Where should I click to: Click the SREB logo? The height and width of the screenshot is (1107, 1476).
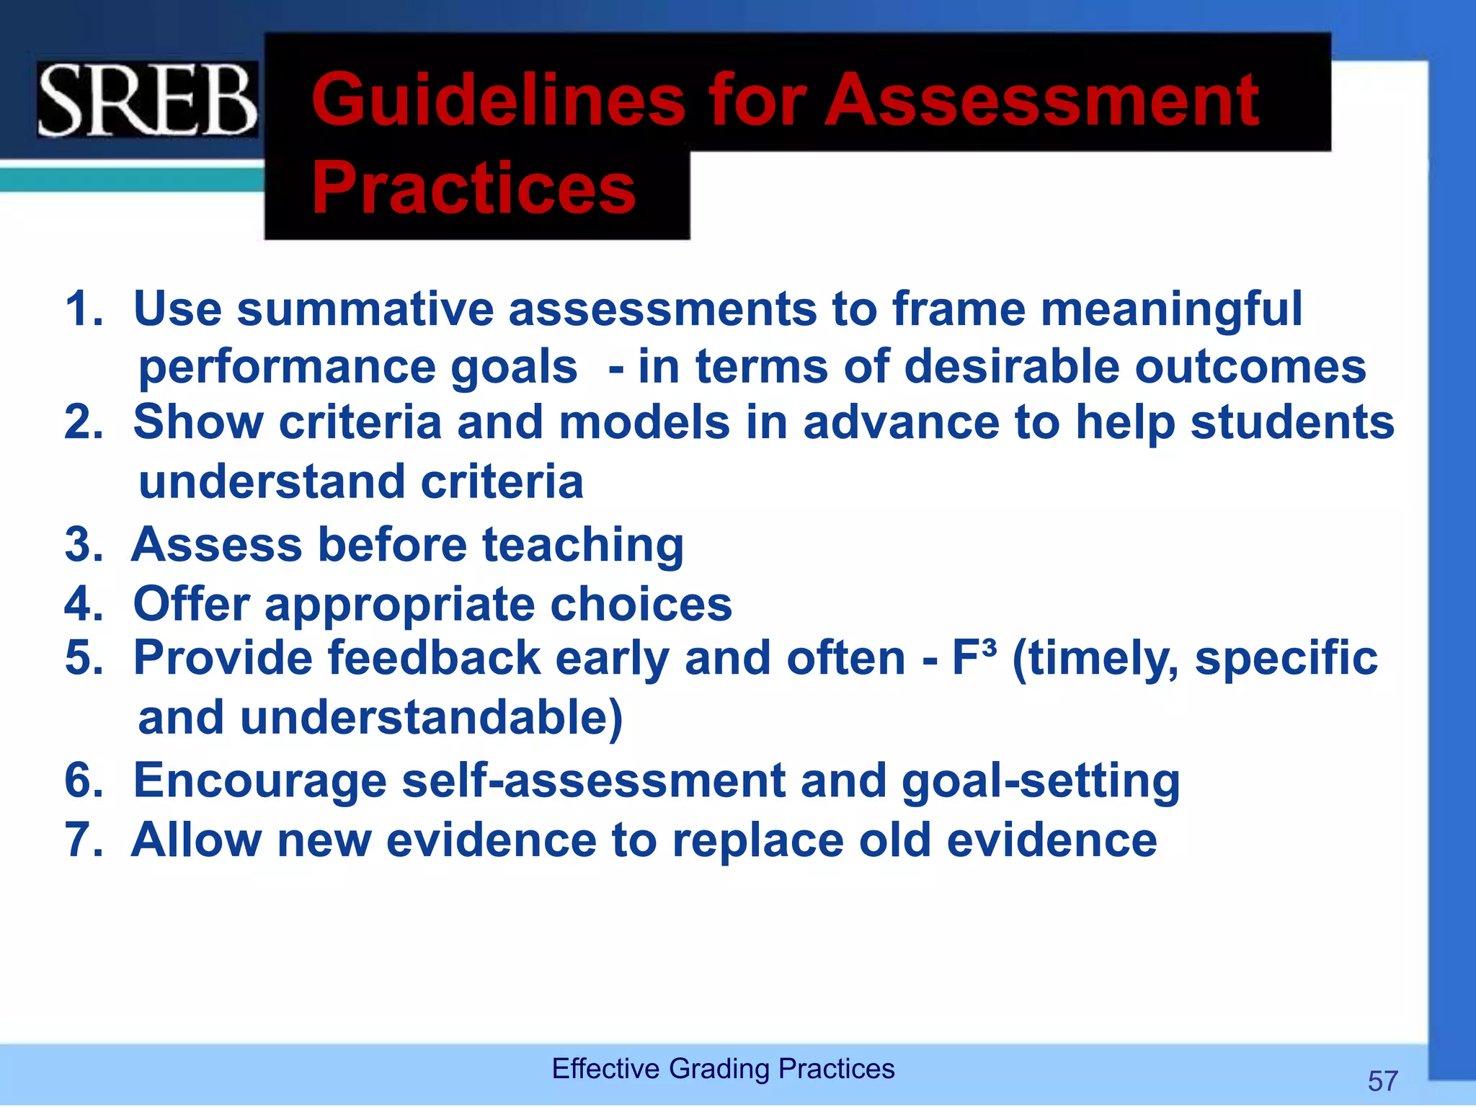pos(147,101)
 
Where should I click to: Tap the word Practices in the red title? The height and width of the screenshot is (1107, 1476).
pos(474,189)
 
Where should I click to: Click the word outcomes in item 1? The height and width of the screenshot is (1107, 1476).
pos(1250,368)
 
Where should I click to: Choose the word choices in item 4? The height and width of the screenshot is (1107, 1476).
pos(641,604)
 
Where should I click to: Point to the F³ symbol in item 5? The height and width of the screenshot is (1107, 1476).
pos(974,657)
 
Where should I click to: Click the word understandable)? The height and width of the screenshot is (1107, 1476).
pos(431,719)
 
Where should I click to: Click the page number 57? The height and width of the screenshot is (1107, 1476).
pos(1382,1081)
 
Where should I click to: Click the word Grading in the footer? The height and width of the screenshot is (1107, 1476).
pos(719,1069)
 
